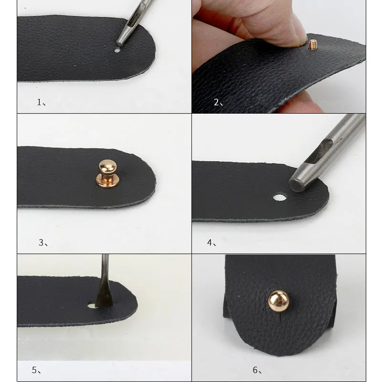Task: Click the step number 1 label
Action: point(41,102)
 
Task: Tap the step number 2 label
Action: point(218,102)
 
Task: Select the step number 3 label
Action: point(43,243)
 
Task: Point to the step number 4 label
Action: point(212,243)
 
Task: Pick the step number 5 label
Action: point(36,370)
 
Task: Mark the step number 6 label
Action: point(257,370)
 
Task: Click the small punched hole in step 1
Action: point(117,51)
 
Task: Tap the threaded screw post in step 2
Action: point(313,44)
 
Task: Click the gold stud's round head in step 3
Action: point(108,166)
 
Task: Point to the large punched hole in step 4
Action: point(280,197)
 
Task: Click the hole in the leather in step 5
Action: point(92,306)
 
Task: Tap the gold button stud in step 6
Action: point(279,301)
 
